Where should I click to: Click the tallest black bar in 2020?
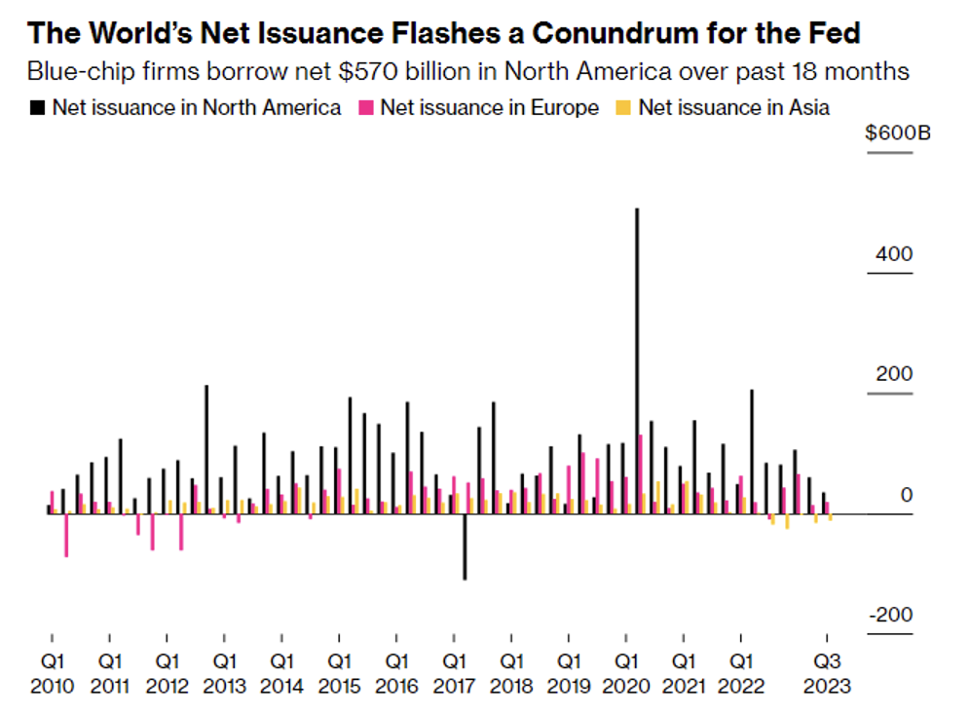tap(637, 360)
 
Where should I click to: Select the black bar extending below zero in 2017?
tap(465, 546)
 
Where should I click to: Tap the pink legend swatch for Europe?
tap(367, 108)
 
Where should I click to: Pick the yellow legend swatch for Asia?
tap(625, 108)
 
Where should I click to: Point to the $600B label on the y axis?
tap(897, 133)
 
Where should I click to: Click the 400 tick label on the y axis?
tap(894, 254)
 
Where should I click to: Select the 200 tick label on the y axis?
tap(894, 375)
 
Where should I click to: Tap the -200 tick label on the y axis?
tap(890, 616)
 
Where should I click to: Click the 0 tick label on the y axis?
tap(907, 496)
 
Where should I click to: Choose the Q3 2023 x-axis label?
tap(827, 674)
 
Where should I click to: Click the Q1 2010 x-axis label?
tap(53, 674)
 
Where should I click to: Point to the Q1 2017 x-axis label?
tap(454, 674)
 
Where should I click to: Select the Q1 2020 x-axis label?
tap(626, 674)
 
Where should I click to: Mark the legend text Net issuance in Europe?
tap(489, 108)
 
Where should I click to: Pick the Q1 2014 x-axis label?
tap(282, 674)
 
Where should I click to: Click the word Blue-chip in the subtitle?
tap(70, 72)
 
